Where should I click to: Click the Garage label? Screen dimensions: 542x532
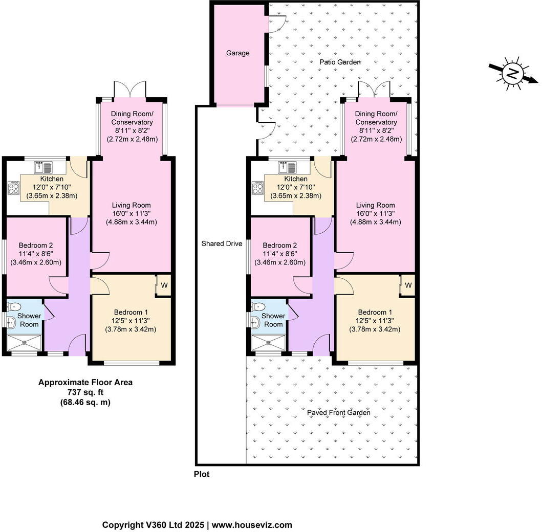pyautogui.click(x=238, y=53)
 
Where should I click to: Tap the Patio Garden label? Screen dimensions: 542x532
pyautogui.click(x=340, y=62)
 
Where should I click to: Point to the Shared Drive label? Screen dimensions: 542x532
pyautogui.click(x=222, y=243)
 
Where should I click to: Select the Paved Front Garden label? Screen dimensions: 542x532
pyautogui.click(x=339, y=412)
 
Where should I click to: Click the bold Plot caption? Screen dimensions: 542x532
pyautogui.click(x=202, y=474)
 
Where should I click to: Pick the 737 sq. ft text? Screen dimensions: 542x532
pyautogui.click(x=85, y=392)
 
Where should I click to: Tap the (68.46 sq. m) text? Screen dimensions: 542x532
pyautogui.click(x=85, y=402)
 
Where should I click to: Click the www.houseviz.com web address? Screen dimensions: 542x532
pyautogui.click(x=252, y=525)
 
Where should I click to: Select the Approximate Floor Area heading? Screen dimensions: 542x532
pyautogui.click(x=85, y=383)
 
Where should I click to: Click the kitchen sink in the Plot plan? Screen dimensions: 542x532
pyautogui.click(x=287, y=168)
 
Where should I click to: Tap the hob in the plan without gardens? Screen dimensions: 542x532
pyautogui.click(x=14, y=188)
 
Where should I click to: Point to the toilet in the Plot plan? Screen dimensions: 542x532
pyautogui.click(x=257, y=306)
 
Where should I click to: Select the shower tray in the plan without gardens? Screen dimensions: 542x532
pyautogui.click(x=25, y=343)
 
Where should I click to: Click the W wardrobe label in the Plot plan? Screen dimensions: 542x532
pyautogui.click(x=408, y=285)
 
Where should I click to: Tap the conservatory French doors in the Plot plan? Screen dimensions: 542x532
pyautogui.click(x=374, y=90)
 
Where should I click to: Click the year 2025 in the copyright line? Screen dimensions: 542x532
pyautogui.click(x=194, y=525)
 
